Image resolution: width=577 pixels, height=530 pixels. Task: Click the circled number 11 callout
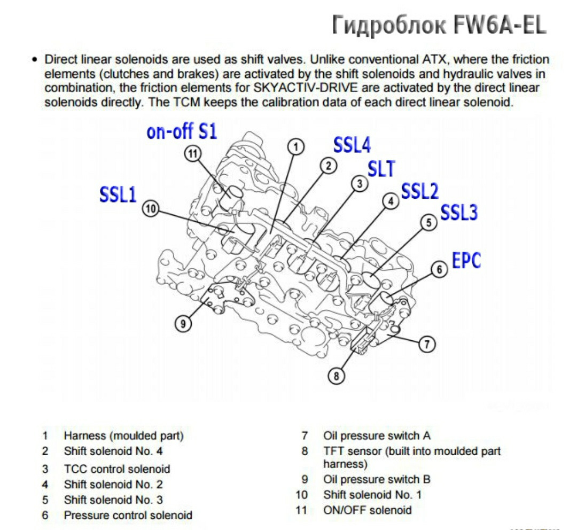(192, 153)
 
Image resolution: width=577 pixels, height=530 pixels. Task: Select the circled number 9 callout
(183, 323)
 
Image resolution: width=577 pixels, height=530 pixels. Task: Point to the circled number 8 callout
(336, 376)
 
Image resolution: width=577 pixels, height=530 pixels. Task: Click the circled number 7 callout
(426, 345)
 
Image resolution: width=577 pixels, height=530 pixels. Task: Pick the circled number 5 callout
(428, 222)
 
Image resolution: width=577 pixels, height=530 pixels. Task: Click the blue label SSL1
(118, 194)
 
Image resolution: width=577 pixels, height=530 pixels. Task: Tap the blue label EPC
(466, 260)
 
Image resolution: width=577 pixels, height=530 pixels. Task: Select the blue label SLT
(381, 169)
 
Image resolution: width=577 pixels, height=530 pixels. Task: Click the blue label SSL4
(352, 145)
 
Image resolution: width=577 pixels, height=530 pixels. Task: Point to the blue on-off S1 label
(182, 131)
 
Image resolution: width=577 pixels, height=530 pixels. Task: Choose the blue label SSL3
(459, 213)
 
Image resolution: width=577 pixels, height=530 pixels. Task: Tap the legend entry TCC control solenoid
(117, 469)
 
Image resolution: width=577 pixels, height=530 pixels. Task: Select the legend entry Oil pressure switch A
(377, 436)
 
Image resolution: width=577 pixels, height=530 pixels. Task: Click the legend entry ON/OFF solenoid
(368, 510)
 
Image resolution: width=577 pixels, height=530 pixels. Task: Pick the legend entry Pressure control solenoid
(128, 516)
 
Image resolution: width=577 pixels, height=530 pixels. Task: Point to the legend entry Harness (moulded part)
(123, 436)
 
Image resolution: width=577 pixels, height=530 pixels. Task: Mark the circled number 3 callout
(360, 183)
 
